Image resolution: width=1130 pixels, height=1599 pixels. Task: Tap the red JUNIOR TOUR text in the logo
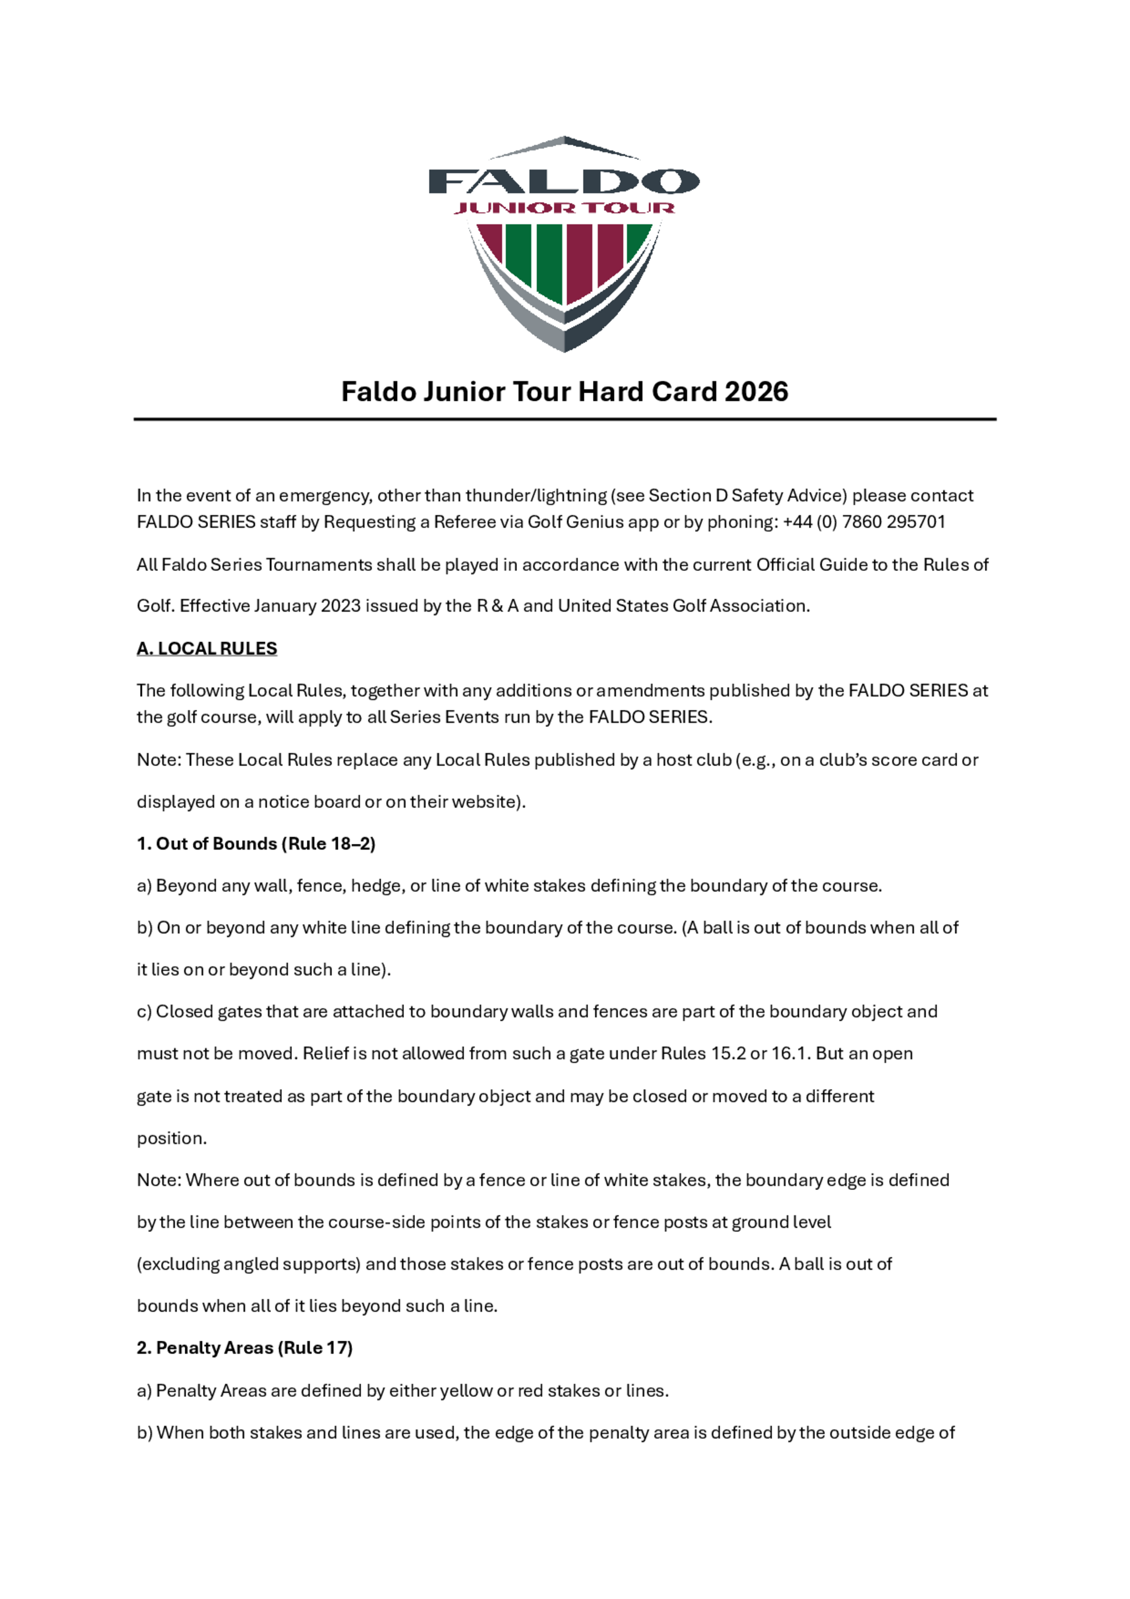click(564, 207)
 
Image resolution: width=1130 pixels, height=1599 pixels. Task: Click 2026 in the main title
click(756, 392)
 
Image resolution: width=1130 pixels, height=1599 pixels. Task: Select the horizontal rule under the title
click(564, 419)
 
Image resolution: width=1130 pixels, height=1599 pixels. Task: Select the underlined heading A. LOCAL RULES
click(207, 648)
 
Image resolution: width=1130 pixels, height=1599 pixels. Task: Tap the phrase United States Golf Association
click(683, 606)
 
